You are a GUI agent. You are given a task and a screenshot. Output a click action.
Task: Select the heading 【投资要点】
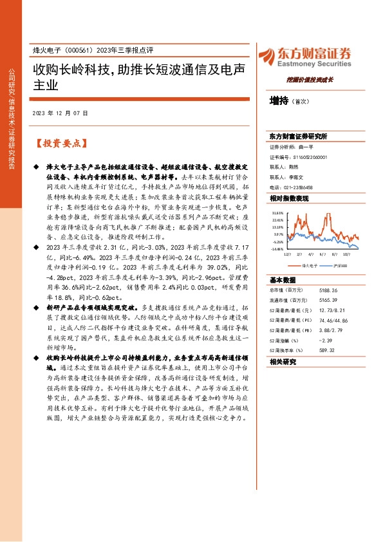point(59,142)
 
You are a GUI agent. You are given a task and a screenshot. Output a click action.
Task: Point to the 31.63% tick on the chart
point(277,212)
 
